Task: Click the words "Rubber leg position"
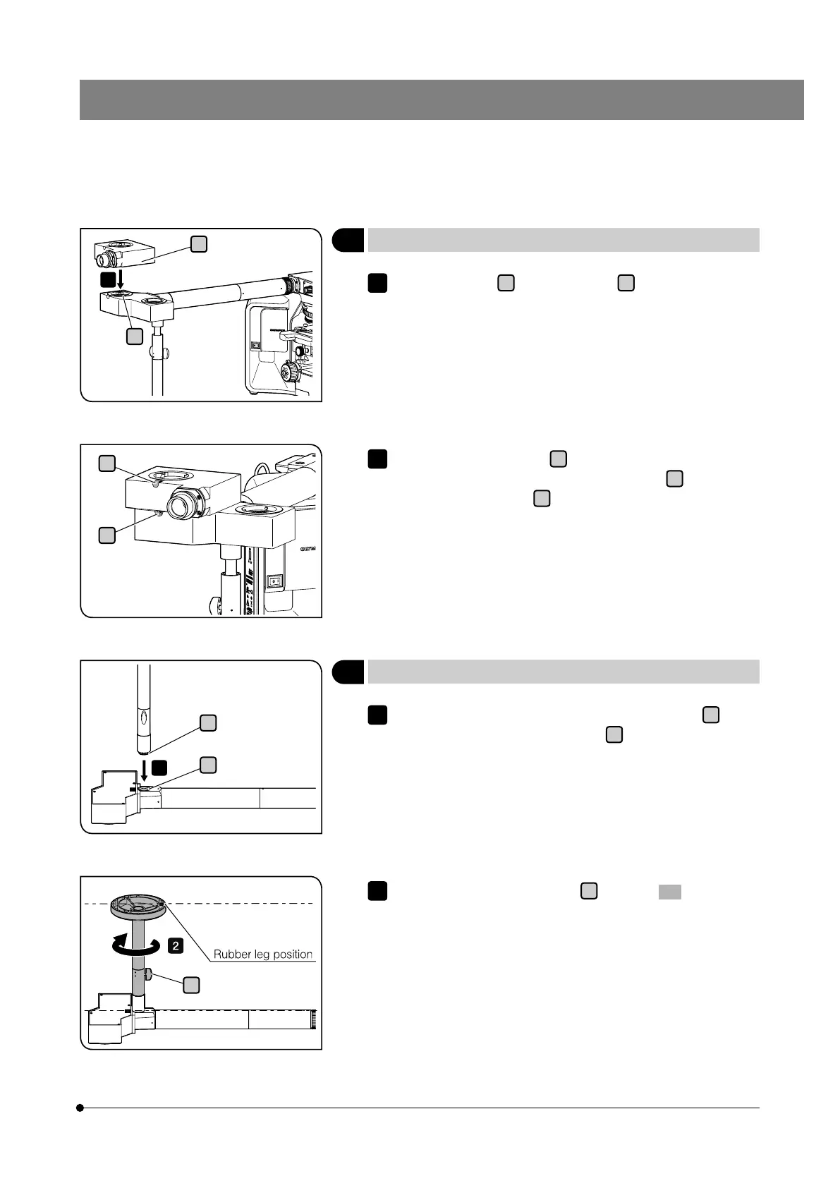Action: pyautogui.click(x=262, y=954)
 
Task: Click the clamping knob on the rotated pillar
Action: pyautogui.click(x=153, y=976)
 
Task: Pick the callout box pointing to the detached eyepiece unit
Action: pyautogui.click(x=199, y=243)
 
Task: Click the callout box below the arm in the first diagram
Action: pyautogui.click(x=134, y=336)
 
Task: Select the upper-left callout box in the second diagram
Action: pyautogui.click(x=106, y=463)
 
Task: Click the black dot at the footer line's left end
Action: pyautogui.click(x=80, y=1108)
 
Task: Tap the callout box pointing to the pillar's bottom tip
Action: pyautogui.click(x=207, y=722)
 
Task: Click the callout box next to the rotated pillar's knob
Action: pyautogui.click(x=192, y=986)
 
